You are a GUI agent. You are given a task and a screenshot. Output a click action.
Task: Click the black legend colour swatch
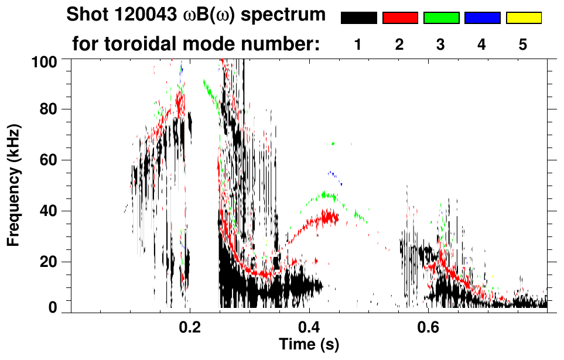click(359, 18)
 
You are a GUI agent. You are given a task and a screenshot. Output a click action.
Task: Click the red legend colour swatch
click(400, 18)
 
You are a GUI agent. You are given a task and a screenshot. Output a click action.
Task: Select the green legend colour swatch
click(441, 18)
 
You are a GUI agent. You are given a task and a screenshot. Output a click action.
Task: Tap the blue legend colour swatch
click(482, 18)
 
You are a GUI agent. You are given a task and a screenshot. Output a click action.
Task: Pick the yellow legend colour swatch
click(523, 18)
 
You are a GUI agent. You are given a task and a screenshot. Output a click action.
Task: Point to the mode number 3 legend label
click(440, 44)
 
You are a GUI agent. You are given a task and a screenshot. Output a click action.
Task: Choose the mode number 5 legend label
click(523, 44)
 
